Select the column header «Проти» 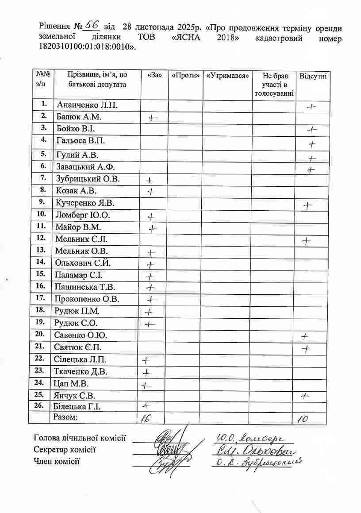pos(185,75)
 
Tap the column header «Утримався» pos(227,75)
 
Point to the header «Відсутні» pos(313,76)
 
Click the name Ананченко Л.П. pos(87,105)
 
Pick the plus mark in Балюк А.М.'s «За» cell pos(153,118)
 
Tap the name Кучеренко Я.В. pos(85,203)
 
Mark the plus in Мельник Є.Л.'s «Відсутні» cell pos(306,241)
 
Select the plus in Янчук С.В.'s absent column pos(304,396)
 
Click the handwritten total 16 pos(145,419)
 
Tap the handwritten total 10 pos(303,419)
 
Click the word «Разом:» pos(65,417)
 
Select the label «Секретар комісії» pos(65,450)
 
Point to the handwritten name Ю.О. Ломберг pos(250,439)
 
